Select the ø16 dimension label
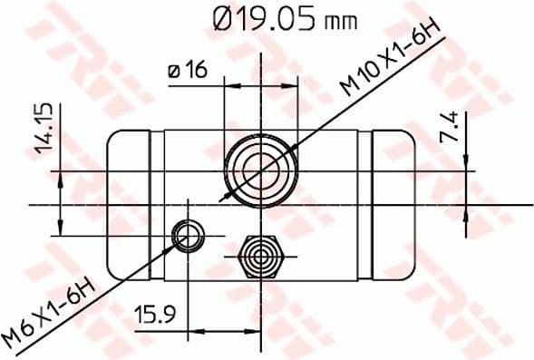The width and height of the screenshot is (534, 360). pos(187,69)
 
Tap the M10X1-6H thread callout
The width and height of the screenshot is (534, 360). pos(390,63)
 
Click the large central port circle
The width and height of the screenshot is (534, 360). pos(261,169)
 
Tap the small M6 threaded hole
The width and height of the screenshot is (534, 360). pos(188,236)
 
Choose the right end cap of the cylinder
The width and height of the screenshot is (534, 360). pos(394,204)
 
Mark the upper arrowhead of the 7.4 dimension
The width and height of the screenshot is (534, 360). pos(466,162)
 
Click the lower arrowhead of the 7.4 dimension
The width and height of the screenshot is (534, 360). pos(466,210)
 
